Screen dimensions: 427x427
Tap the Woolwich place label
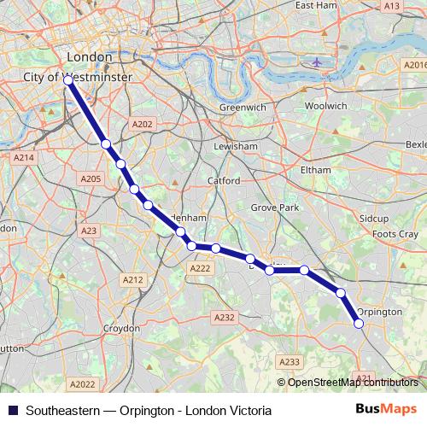[326, 105]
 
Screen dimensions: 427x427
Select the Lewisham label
[237, 146]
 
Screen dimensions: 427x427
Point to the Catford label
[224, 181]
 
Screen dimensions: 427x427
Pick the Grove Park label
[274, 208]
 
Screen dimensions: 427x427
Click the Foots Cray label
[395, 234]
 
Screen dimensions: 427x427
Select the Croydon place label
[121, 328]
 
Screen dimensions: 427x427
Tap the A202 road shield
[142, 125]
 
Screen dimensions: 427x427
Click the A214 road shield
[23, 157]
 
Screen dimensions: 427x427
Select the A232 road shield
[224, 317]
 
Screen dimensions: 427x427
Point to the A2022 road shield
[83, 384]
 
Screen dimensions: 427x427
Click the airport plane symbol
[318, 61]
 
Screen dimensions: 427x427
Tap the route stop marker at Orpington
[359, 323]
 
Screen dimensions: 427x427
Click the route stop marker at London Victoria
[67, 80]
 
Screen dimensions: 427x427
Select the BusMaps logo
[387, 409]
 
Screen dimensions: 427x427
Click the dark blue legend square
[12, 410]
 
